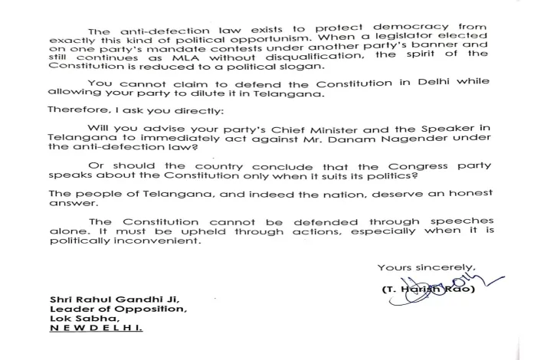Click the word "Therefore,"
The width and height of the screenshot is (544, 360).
tap(74, 110)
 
